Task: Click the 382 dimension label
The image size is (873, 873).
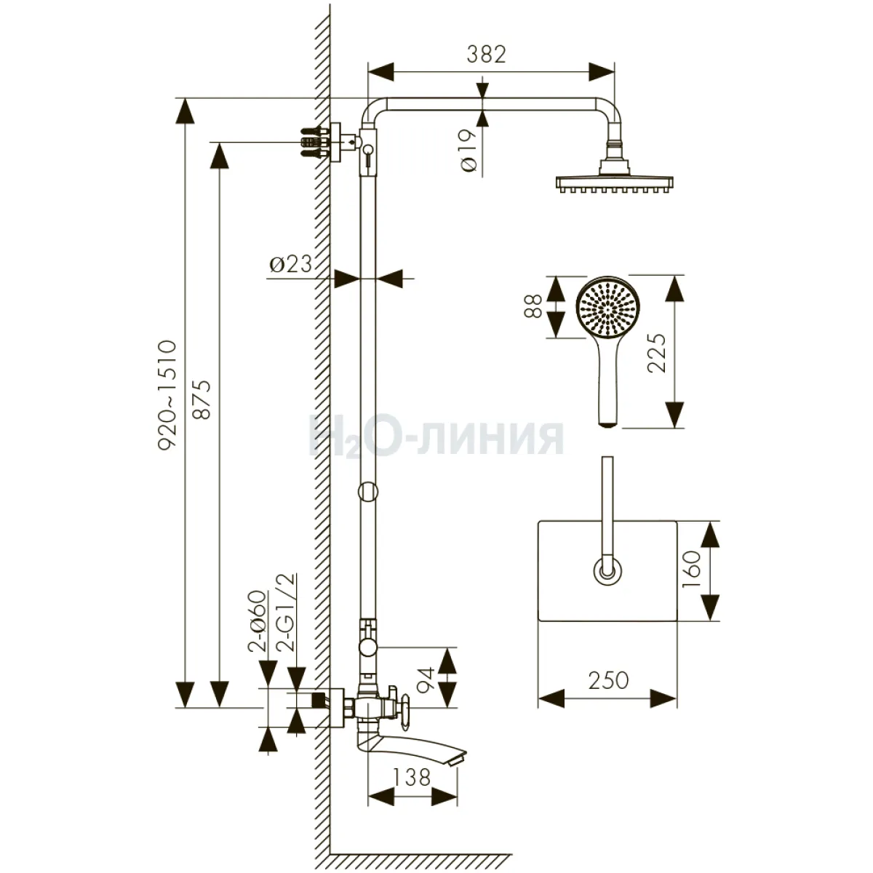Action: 487,55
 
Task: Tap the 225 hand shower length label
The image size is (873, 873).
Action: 656,353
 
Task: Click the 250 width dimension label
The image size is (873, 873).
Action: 607,681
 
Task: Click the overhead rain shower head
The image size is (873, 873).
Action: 612,181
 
